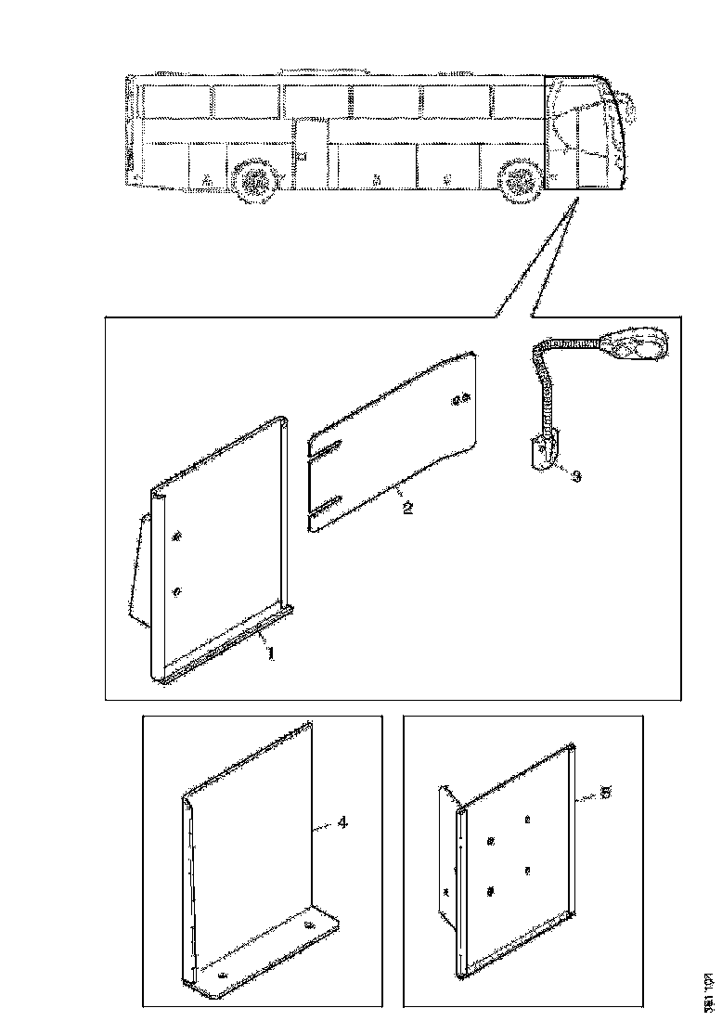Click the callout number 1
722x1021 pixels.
point(270,653)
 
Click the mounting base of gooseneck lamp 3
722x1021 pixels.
point(540,455)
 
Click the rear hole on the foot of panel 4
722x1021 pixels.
point(309,926)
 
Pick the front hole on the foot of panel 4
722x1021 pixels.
point(221,977)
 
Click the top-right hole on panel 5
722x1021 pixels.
point(528,820)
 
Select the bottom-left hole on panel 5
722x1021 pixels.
point(492,891)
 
